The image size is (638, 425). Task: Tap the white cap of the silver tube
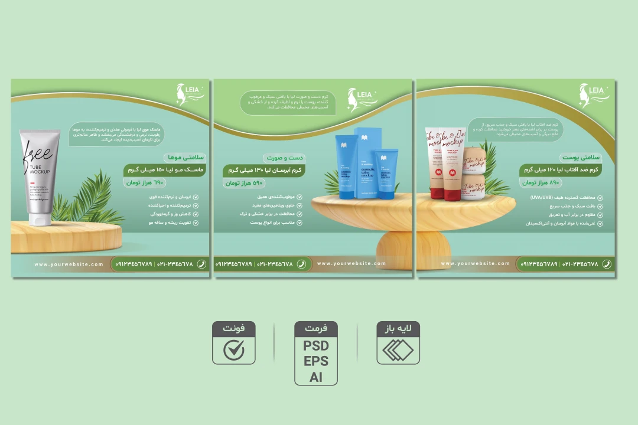click(40, 219)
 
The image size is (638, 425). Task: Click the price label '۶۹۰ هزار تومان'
click(145, 183)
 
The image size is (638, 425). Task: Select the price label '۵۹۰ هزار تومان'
click(243, 183)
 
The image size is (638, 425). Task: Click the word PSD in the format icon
click(316, 346)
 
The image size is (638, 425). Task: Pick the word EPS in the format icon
click(316, 361)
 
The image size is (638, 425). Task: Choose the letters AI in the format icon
click(316, 377)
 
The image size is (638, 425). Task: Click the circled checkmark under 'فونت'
click(234, 350)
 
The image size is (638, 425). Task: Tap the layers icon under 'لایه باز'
click(398, 351)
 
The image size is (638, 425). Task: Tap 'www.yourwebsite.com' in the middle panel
click(351, 264)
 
